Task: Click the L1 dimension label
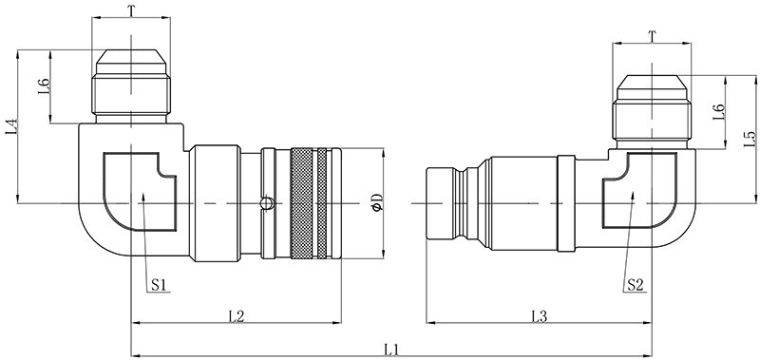pos(390,348)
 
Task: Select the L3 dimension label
pos(540,315)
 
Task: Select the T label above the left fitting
pos(131,9)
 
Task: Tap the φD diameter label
pos(377,202)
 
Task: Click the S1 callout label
pos(159,285)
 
